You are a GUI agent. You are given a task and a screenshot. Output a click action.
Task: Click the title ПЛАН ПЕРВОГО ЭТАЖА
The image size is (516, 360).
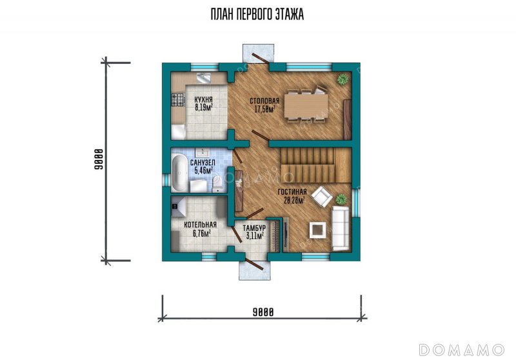coord(257,14)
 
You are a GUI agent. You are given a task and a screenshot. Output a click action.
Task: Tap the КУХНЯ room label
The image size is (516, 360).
coord(203,99)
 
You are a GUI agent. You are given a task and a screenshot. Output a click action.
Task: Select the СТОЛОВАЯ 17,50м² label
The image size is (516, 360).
coord(264,105)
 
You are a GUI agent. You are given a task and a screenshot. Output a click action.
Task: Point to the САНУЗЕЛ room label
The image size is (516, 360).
coord(203,163)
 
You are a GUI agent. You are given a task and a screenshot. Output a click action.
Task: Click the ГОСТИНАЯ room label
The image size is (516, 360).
coord(292,192)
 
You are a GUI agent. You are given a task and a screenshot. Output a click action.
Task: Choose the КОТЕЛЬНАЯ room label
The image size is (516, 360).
coord(201,225)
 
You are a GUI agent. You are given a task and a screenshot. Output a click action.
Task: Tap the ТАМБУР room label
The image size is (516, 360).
coord(254,228)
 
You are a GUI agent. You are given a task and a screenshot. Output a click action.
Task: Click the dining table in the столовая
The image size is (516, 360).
coord(306,106)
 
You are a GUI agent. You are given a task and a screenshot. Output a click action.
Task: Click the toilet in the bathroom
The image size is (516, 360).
coord(217,184)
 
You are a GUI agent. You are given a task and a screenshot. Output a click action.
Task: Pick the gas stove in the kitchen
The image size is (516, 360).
coord(178,100)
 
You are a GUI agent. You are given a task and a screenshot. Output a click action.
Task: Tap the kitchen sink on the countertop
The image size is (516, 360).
coord(204,78)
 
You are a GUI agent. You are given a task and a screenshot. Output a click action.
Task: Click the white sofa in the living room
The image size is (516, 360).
coord(340,228)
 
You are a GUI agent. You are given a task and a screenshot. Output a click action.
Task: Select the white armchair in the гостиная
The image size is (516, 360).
coord(322,197)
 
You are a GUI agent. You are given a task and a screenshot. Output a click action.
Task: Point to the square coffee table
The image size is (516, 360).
coord(317,230)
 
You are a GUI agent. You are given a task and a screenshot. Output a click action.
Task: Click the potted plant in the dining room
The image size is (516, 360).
coord(343,79)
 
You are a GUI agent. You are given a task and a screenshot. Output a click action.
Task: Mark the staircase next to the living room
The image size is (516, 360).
coord(316,165)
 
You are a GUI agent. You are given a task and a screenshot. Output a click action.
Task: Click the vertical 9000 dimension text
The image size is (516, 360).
coord(99,159)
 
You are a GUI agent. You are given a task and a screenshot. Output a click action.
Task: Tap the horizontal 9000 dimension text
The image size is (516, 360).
coord(263,312)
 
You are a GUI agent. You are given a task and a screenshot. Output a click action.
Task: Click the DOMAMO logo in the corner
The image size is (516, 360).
coord(462,350)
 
